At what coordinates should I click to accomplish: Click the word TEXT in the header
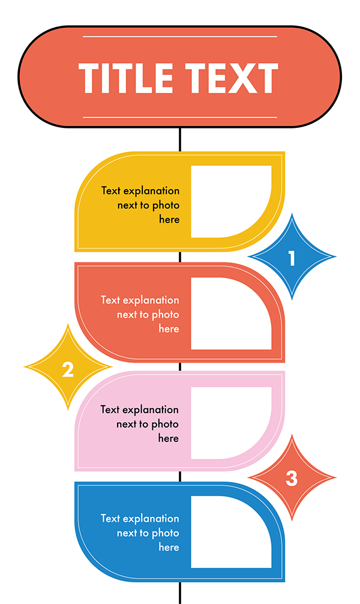tap(232, 78)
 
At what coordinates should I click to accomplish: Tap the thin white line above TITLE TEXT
tap(180, 37)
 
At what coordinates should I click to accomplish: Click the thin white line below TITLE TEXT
tap(180, 117)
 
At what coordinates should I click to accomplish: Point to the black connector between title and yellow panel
tap(180, 139)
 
